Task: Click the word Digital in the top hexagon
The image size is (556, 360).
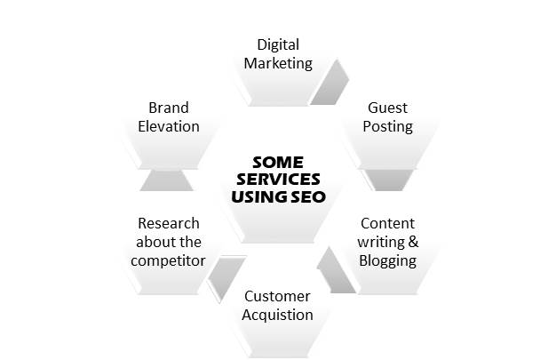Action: coord(277,44)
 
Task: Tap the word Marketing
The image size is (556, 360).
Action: coord(277,63)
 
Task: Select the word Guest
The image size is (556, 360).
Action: coord(387,108)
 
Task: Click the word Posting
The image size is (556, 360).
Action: coord(387,126)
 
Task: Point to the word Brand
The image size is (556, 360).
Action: coord(168,108)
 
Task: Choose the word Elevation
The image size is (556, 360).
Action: coord(168,126)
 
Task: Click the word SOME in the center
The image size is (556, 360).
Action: coord(277,163)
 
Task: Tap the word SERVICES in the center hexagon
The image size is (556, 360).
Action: coord(277,180)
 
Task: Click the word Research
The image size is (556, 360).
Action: coord(168,223)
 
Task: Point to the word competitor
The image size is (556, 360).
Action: coord(168,260)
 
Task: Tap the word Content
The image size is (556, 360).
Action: coord(387,223)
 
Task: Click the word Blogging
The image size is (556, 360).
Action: coord(387,260)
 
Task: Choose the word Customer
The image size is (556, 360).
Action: coord(277,296)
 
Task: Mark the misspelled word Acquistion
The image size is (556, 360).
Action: coord(277,315)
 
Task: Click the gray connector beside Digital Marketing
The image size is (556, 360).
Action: coord(330,82)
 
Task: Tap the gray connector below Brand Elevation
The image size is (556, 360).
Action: coord(168,180)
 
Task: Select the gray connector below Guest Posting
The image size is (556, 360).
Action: coord(387,180)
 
